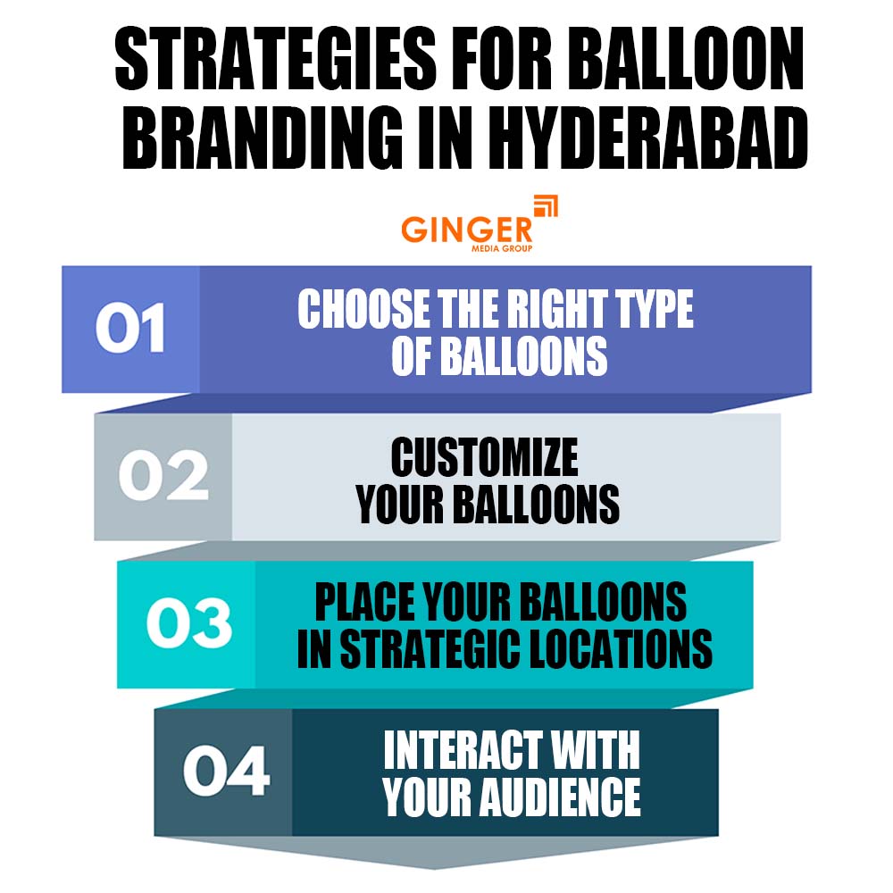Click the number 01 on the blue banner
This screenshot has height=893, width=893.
[x=130, y=329]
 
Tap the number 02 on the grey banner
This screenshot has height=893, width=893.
[x=163, y=477]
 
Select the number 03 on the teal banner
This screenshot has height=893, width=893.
[x=188, y=624]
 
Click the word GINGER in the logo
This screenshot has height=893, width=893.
[x=466, y=230]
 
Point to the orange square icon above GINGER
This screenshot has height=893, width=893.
[x=545, y=207]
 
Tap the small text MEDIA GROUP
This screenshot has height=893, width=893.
[x=502, y=248]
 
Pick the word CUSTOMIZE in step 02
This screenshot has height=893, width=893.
[x=484, y=459]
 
